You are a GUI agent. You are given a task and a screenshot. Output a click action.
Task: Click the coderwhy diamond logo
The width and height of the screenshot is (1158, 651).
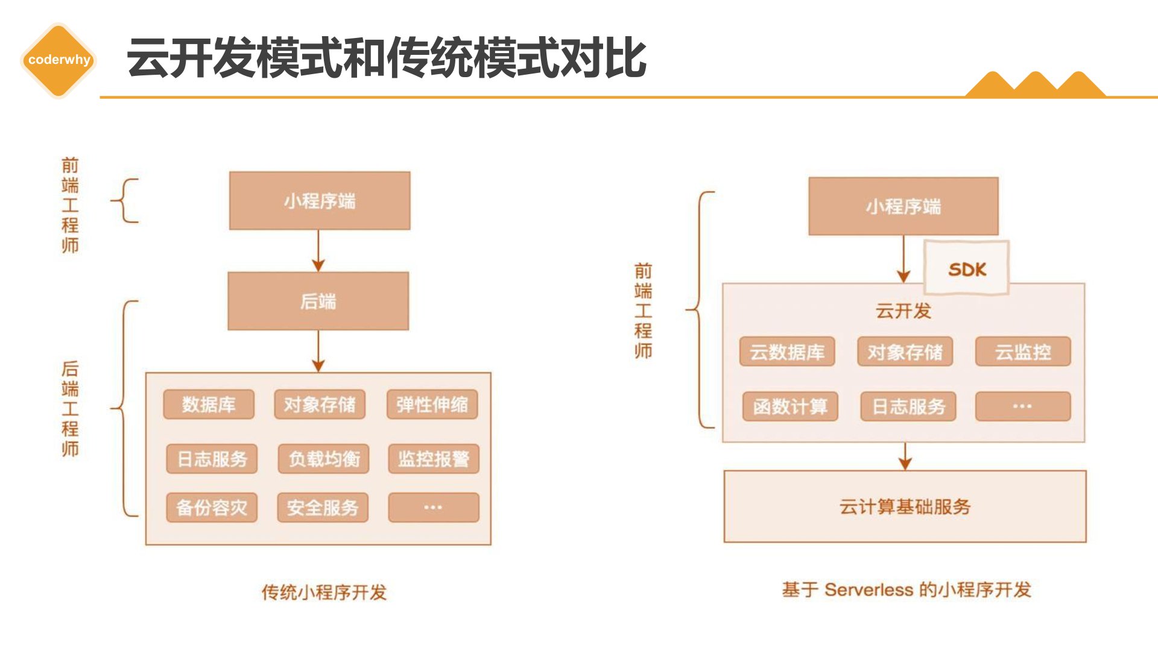click(x=59, y=60)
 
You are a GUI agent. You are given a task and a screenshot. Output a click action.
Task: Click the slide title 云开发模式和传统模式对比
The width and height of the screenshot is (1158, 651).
click(x=387, y=58)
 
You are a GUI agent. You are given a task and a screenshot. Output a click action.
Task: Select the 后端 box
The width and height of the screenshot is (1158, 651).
click(x=318, y=301)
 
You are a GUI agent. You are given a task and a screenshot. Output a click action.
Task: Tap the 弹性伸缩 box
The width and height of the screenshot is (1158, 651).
click(x=432, y=404)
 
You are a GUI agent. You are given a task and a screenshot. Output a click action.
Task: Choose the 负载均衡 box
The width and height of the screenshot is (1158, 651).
click(x=324, y=459)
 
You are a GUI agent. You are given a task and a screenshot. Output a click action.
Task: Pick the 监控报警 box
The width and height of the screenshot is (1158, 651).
click(x=434, y=459)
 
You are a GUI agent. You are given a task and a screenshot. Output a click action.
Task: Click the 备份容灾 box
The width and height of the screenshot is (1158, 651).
click(x=212, y=508)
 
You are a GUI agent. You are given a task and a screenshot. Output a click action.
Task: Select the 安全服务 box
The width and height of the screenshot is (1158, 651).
click(x=323, y=508)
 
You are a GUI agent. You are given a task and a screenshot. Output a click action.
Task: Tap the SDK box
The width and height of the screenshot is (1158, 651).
click(x=966, y=268)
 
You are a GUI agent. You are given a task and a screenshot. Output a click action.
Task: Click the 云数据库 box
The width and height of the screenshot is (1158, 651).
click(x=787, y=351)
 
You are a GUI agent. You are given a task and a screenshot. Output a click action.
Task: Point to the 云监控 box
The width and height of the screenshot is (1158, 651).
click(x=1023, y=351)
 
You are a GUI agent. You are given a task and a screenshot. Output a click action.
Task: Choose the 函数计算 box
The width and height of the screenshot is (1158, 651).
click(x=790, y=406)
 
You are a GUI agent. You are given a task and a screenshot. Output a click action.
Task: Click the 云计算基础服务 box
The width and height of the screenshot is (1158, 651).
click(x=905, y=506)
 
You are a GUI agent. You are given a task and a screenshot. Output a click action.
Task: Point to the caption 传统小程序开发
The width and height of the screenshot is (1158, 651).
click(x=324, y=592)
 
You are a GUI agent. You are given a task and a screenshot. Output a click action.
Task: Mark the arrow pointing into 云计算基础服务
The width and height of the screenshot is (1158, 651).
click(x=905, y=456)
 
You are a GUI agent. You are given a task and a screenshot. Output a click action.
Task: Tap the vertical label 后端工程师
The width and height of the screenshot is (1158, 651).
click(x=70, y=409)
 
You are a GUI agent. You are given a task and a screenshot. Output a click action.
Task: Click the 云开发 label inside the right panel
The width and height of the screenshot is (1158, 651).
click(x=903, y=311)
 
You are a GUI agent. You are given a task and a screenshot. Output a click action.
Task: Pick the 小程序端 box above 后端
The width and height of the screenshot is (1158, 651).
click(x=320, y=201)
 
